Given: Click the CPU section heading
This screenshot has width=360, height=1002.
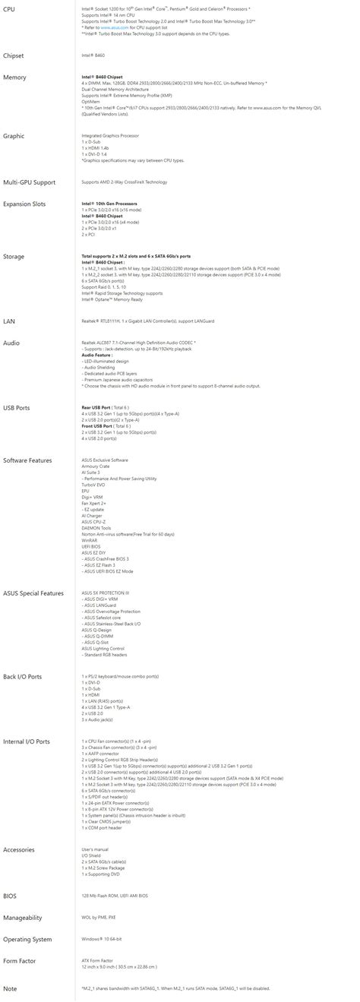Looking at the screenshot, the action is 9,8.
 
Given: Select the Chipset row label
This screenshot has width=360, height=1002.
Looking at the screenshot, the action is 14,55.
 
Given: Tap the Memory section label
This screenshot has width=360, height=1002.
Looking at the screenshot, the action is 14,77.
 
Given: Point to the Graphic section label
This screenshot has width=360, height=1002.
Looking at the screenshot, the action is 14,136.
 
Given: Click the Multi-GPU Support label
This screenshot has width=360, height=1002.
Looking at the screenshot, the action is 29,182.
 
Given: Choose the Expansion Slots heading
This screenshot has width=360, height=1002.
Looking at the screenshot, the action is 24,204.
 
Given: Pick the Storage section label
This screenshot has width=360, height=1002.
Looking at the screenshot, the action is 14,257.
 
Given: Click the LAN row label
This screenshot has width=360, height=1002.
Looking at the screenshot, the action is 9,321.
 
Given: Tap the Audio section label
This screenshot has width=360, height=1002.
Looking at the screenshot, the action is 11,343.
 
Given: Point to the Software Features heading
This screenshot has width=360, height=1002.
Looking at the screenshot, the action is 27,460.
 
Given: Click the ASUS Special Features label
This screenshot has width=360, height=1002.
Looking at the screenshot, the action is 33,593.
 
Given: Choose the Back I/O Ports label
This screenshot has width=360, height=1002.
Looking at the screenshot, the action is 23,676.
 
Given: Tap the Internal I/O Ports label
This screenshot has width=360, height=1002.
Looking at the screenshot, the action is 27,741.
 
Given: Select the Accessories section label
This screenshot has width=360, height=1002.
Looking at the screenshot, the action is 20,849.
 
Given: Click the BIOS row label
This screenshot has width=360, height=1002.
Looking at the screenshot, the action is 10,896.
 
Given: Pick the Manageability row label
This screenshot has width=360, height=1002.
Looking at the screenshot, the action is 22,918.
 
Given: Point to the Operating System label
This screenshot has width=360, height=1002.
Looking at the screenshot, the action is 27,940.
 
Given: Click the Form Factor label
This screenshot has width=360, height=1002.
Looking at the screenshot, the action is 20,961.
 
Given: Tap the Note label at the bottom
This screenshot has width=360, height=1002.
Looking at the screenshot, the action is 10,988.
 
